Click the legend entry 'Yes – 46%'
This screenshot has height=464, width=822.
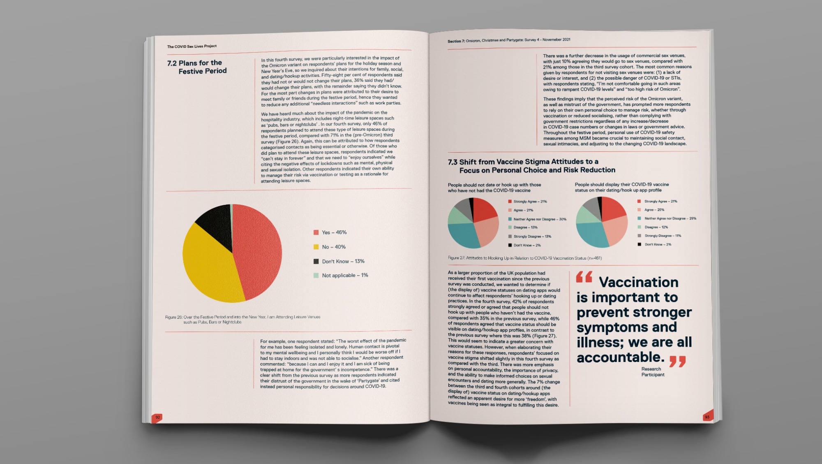(334, 232)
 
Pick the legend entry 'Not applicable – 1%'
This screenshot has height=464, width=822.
(344, 275)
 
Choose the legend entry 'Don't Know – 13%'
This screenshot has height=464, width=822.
(343, 261)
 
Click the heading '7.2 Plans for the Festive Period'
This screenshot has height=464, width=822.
(197, 67)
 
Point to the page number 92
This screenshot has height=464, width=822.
(157, 417)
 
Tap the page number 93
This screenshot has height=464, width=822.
(707, 417)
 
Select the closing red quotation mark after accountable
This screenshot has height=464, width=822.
(677, 362)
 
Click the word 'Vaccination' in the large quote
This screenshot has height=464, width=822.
(638, 282)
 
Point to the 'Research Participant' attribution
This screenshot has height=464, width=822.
(652, 372)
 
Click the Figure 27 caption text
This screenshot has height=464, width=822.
(524, 258)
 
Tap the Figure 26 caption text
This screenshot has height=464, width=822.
(242, 320)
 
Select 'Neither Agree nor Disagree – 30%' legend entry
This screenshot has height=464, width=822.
(539, 219)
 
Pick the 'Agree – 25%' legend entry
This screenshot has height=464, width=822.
(654, 210)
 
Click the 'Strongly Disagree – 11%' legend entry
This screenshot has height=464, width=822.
(662, 236)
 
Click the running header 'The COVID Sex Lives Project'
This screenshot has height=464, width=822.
(192, 46)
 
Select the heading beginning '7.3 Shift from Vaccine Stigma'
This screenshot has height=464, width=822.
(531, 166)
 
